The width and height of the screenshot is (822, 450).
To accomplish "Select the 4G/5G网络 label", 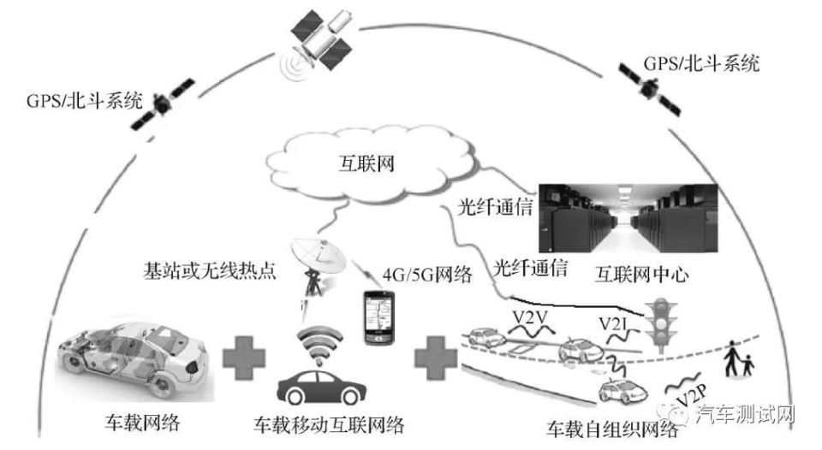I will point(426,275).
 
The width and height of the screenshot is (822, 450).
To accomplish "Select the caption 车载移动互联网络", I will point(328,424).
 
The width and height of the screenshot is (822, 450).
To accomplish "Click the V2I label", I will point(615,324).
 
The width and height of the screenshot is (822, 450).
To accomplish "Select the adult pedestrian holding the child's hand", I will point(733,360).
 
